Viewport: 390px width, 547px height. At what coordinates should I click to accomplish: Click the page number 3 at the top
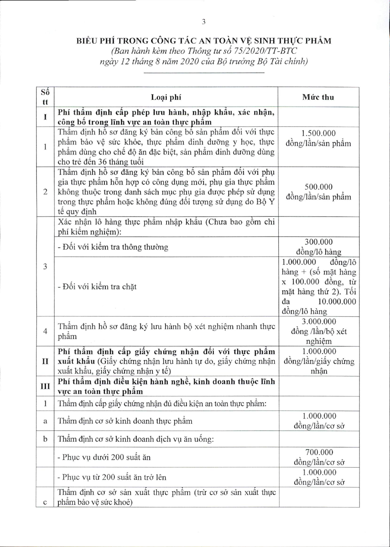click(x=203, y=22)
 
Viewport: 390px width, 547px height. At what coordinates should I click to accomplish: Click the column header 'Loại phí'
click(x=166, y=97)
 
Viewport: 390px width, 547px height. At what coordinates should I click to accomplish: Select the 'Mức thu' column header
click(x=318, y=97)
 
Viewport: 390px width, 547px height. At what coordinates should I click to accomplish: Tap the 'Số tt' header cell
click(x=45, y=97)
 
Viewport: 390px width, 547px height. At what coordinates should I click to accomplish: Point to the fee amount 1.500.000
click(x=318, y=133)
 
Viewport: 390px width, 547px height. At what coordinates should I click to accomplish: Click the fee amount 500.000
click(x=318, y=187)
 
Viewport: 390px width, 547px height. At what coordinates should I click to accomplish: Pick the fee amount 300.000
click(x=318, y=242)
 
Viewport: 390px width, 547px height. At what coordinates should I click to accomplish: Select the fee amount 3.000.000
click(x=319, y=321)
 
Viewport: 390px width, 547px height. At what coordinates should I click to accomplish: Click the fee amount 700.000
click(x=319, y=452)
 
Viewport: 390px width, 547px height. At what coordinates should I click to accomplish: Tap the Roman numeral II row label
click(x=45, y=361)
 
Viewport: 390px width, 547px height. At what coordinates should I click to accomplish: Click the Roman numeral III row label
click(x=45, y=386)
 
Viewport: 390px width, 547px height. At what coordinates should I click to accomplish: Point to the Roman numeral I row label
click(x=45, y=117)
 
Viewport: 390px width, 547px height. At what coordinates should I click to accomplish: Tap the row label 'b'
click(x=45, y=439)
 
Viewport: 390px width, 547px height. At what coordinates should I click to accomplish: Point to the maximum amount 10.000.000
click(x=337, y=301)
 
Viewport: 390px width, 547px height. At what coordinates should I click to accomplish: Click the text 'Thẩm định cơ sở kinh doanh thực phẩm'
click(x=125, y=421)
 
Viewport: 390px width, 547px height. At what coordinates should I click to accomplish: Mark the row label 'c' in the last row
click(x=45, y=502)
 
